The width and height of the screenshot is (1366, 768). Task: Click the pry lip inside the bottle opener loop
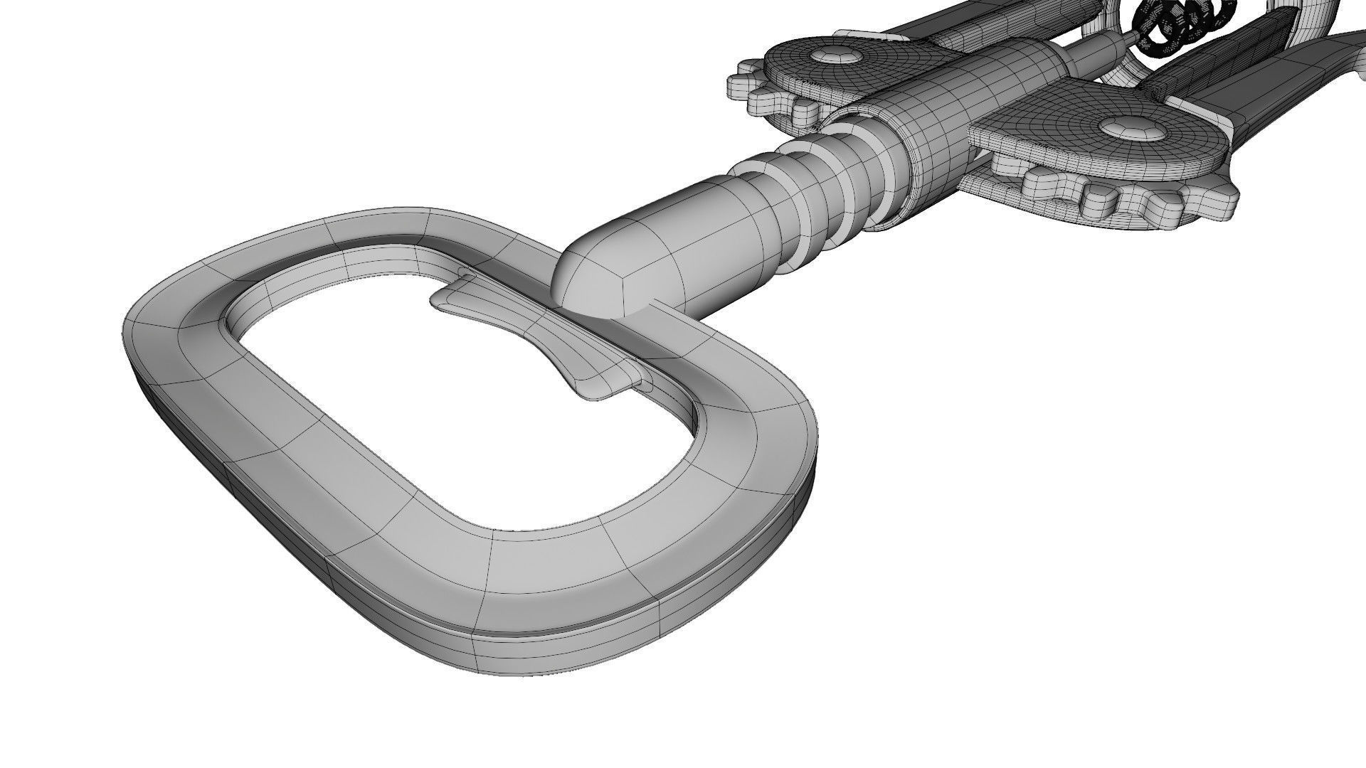pyautogui.click(x=541, y=334)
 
